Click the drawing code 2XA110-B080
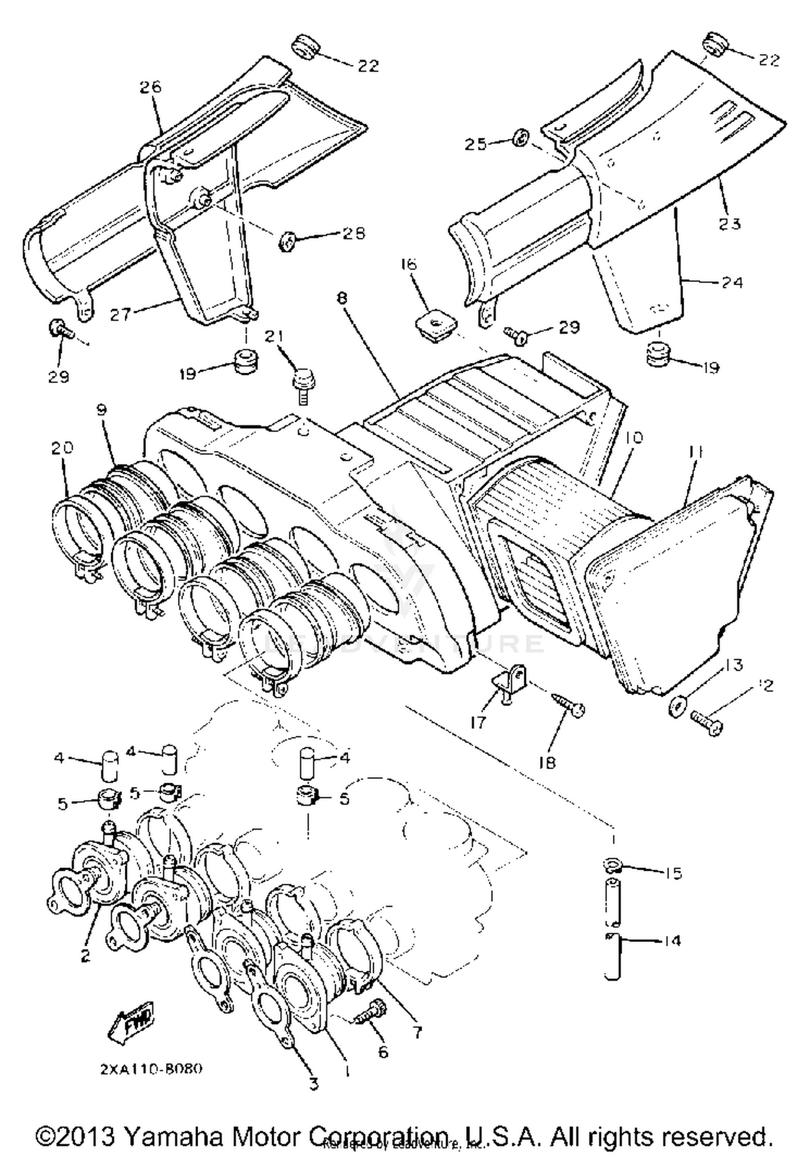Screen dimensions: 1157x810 (151, 1069)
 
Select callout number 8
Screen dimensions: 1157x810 (344, 298)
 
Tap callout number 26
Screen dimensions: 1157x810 (151, 86)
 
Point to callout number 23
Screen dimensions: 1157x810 (730, 223)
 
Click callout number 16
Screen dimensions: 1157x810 (409, 264)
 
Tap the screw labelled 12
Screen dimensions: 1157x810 (707, 721)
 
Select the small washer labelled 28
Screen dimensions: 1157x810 (287, 241)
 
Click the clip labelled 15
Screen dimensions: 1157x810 (612, 866)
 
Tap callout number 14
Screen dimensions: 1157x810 (672, 940)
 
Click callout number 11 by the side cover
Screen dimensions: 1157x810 (696, 452)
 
